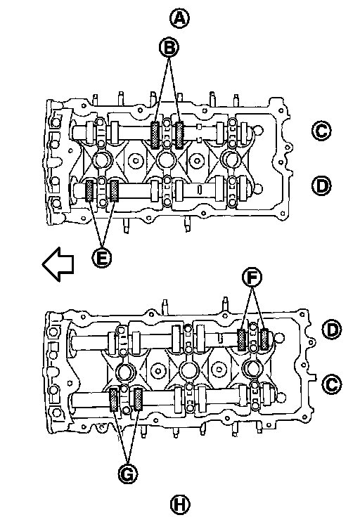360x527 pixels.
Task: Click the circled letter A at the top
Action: [179, 18]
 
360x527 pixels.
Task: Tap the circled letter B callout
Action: [169, 47]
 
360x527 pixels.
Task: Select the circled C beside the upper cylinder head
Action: [321, 131]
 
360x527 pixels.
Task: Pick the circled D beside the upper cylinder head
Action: [321, 186]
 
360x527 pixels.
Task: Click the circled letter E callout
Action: [102, 258]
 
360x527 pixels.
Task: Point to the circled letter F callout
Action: [252, 278]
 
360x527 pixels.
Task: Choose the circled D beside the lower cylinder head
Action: [332, 330]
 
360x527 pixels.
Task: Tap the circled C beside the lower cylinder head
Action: [332, 384]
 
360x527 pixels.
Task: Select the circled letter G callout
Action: [128, 474]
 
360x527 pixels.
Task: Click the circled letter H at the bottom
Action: [180, 505]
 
